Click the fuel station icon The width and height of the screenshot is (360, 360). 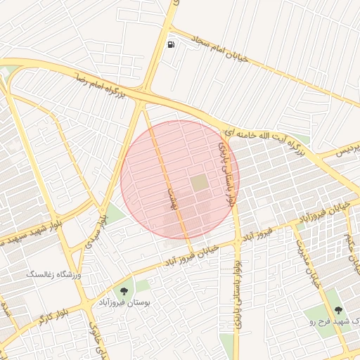[171, 45]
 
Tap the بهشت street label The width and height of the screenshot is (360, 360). [169, 198]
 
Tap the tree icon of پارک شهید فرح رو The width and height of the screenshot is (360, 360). [338, 310]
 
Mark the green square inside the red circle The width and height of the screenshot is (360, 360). [200, 182]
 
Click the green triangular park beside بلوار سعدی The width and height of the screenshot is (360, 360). [115, 213]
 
